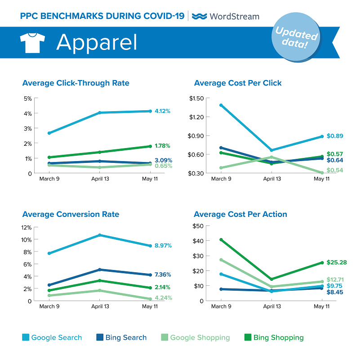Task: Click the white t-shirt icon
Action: (x=32, y=42)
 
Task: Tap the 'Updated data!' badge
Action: (x=296, y=39)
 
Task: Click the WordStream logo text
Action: (x=226, y=16)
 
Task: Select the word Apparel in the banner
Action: (x=96, y=42)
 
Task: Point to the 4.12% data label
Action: (x=162, y=111)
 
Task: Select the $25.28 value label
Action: (x=337, y=262)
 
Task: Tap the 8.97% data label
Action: (x=162, y=246)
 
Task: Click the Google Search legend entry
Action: (x=52, y=337)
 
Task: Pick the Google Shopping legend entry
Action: (x=196, y=337)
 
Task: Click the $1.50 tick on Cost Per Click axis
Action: (x=197, y=98)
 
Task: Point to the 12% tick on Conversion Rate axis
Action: (x=27, y=227)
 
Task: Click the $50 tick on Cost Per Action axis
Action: (x=199, y=226)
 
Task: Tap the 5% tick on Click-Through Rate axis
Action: (x=27, y=98)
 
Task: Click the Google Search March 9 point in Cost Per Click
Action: (x=220, y=105)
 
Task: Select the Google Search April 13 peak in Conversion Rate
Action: (x=100, y=235)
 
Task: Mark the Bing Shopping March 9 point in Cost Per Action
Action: (x=220, y=239)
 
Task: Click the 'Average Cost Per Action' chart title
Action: (x=241, y=214)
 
